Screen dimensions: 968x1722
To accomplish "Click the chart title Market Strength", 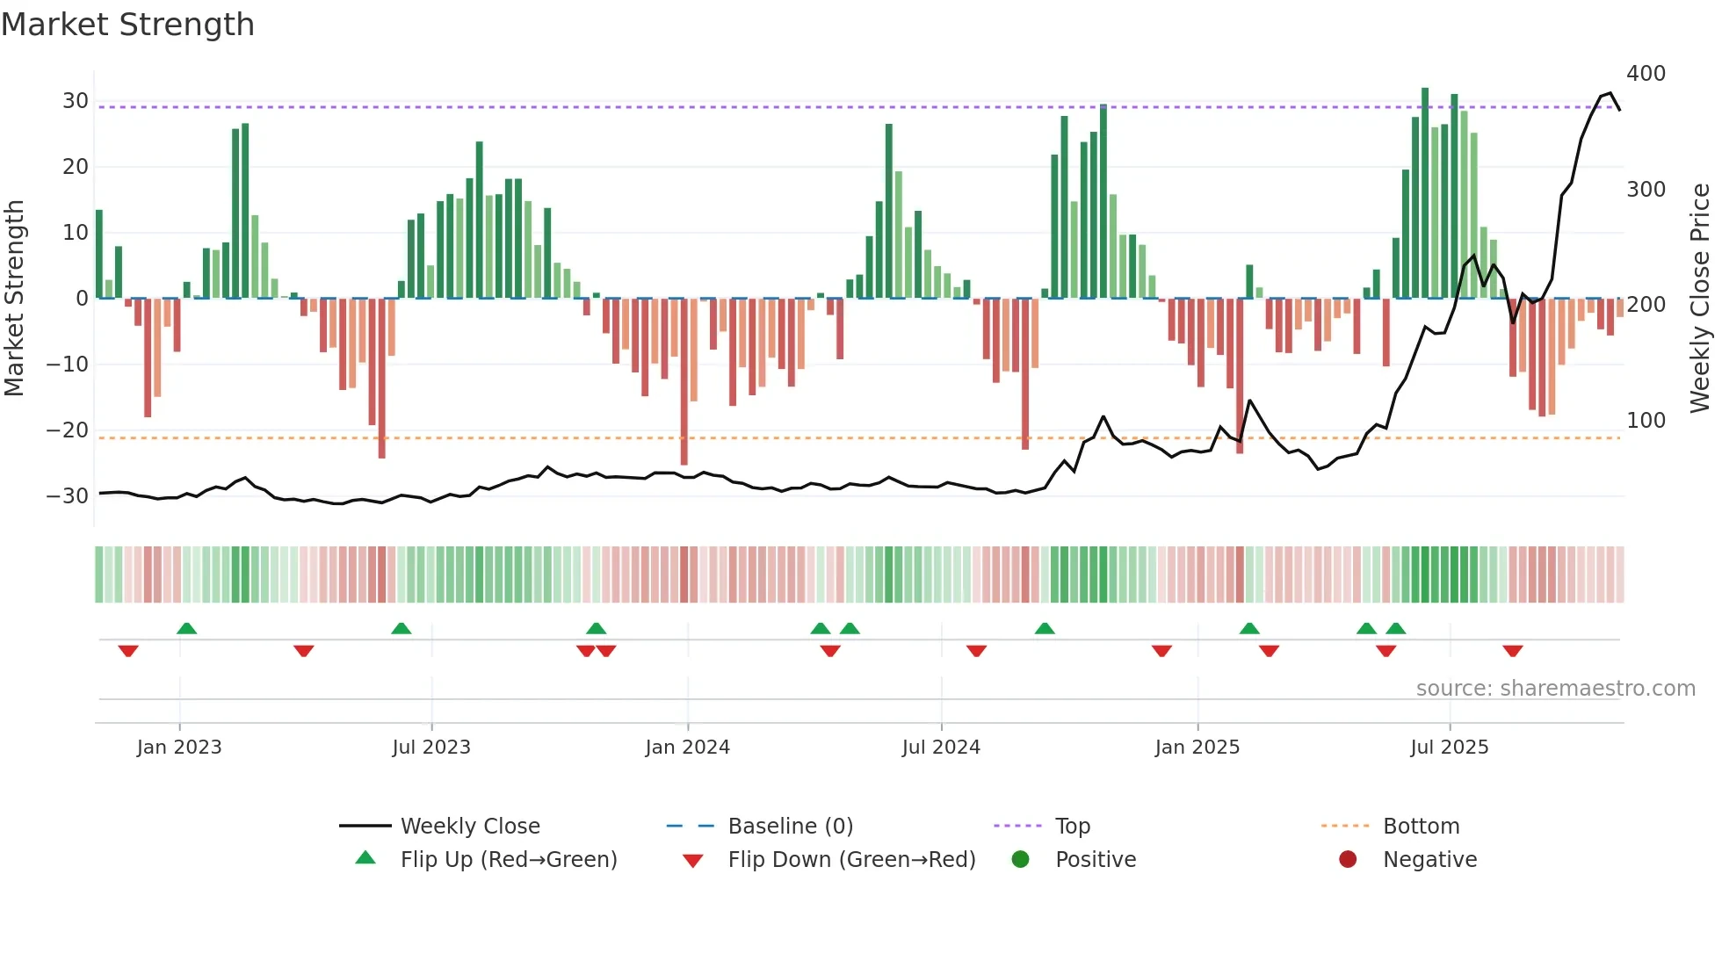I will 127,25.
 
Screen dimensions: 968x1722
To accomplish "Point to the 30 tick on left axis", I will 75,101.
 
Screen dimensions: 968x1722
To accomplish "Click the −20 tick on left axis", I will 68,430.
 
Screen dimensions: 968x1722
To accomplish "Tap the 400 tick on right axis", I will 1646,74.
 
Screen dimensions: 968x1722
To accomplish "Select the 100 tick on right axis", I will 1646,421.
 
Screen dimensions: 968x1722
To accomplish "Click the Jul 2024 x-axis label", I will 940,748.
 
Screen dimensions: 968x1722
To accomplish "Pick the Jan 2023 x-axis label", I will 179,748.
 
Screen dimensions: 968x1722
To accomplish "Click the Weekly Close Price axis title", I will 1700,299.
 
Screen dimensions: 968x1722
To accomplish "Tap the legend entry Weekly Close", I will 469,827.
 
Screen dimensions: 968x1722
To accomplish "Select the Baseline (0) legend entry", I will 790,827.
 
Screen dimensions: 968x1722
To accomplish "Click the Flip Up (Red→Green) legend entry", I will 508,860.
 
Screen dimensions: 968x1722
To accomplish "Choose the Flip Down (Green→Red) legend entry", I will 850,860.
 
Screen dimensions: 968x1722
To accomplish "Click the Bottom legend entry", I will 1421,827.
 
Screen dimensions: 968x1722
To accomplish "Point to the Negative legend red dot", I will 1348,860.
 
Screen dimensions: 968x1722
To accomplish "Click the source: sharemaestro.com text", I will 1555,689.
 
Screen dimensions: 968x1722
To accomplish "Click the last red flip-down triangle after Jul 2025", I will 1512,651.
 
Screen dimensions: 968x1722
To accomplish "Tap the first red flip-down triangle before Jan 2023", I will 128,651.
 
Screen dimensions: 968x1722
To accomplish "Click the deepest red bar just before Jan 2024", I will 684,382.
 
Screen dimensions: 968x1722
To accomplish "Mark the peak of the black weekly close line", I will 1610,93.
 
